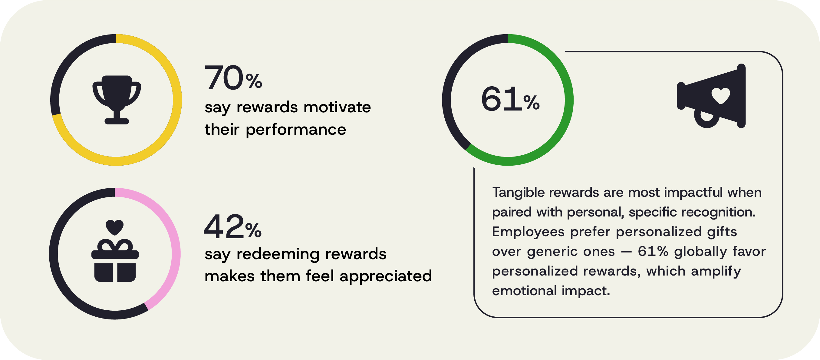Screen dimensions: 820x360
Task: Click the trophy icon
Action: (117, 100)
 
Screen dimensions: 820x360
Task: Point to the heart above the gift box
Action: (115, 227)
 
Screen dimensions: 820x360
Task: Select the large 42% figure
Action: (233, 227)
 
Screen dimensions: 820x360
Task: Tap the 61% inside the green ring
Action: (510, 99)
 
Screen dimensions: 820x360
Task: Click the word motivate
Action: (337, 107)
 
